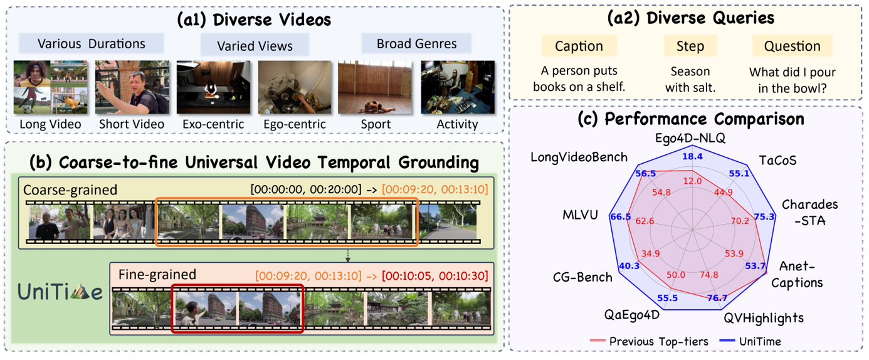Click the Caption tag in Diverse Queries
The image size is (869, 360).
(x=579, y=46)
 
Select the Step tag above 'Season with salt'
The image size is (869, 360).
(x=690, y=46)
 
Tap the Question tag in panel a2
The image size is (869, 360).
(x=792, y=46)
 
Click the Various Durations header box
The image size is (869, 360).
(x=92, y=43)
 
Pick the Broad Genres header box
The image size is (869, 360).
(x=417, y=43)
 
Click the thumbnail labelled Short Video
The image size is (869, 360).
(x=132, y=87)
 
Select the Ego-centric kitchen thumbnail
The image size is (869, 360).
(x=295, y=87)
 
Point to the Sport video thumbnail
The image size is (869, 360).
(x=375, y=87)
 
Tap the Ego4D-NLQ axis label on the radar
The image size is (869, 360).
(x=690, y=138)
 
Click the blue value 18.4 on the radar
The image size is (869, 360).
(x=692, y=156)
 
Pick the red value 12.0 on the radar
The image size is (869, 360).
(x=692, y=181)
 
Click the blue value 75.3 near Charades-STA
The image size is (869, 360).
(x=764, y=216)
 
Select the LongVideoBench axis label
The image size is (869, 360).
(x=579, y=157)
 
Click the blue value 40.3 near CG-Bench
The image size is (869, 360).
(x=629, y=266)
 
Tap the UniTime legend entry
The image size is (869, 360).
(x=750, y=341)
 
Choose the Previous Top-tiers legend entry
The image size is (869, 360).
(x=649, y=341)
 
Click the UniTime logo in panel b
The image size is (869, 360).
(x=60, y=292)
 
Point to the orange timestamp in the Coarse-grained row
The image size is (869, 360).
(x=435, y=189)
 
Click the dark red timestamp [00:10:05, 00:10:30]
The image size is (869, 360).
(x=435, y=276)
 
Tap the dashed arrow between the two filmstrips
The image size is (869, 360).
(x=348, y=255)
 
